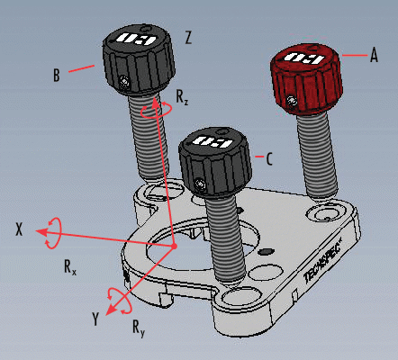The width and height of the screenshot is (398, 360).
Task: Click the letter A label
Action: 374,55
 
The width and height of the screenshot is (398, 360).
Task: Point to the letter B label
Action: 56,76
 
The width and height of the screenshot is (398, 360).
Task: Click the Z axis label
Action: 187,38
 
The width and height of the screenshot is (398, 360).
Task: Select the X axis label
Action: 18,229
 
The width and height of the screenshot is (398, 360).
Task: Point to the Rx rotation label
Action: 69,266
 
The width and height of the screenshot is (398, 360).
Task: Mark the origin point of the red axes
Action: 174,245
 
